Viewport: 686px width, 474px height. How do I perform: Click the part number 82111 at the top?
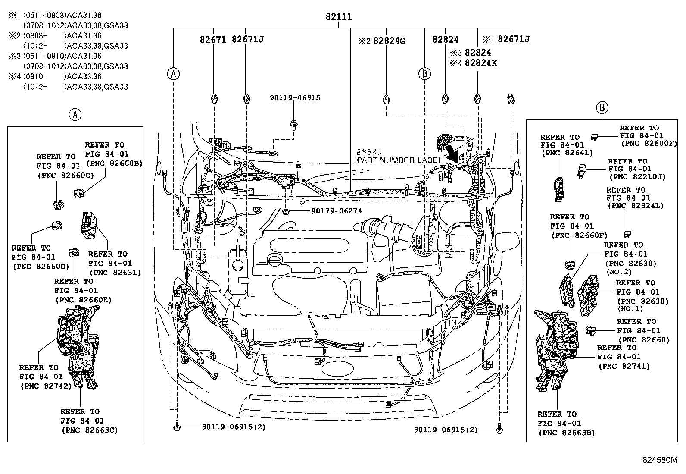pyautogui.click(x=338, y=17)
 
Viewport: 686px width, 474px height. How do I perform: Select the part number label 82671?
pyautogui.click(x=213, y=39)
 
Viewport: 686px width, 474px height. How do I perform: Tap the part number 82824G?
pyautogui.click(x=389, y=41)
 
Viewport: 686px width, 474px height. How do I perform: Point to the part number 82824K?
pyautogui.click(x=480, y=63)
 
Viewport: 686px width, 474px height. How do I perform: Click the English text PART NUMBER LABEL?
pyautogui.click(x=399, y=160)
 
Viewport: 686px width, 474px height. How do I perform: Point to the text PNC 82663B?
pyautogui.click(x=566, y=433)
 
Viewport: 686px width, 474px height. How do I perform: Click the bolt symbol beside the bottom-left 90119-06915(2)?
pyautogui.click(x=177, y=427)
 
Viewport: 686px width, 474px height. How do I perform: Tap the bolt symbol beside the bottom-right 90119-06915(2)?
pyautogui.click(x=499, y=430)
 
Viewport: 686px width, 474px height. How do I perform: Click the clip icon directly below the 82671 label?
pyautogui.click(x=214, y=99)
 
